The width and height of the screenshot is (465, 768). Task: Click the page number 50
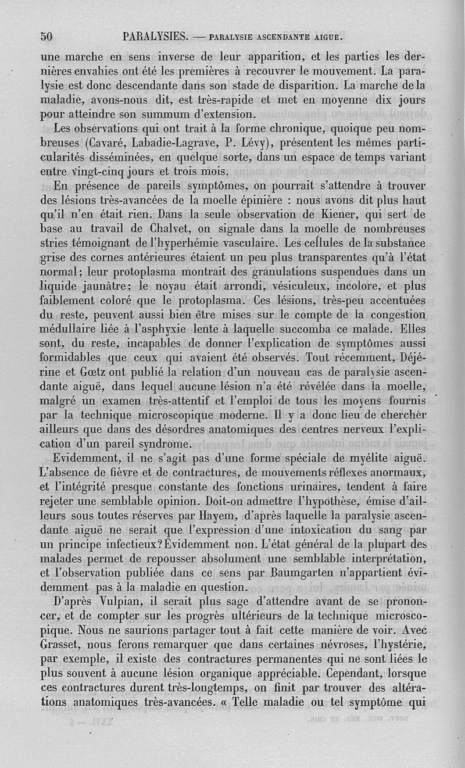coord(46,36)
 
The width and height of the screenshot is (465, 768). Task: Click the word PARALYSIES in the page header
coord(155,37)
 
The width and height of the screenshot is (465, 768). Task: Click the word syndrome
coord(156,444)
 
